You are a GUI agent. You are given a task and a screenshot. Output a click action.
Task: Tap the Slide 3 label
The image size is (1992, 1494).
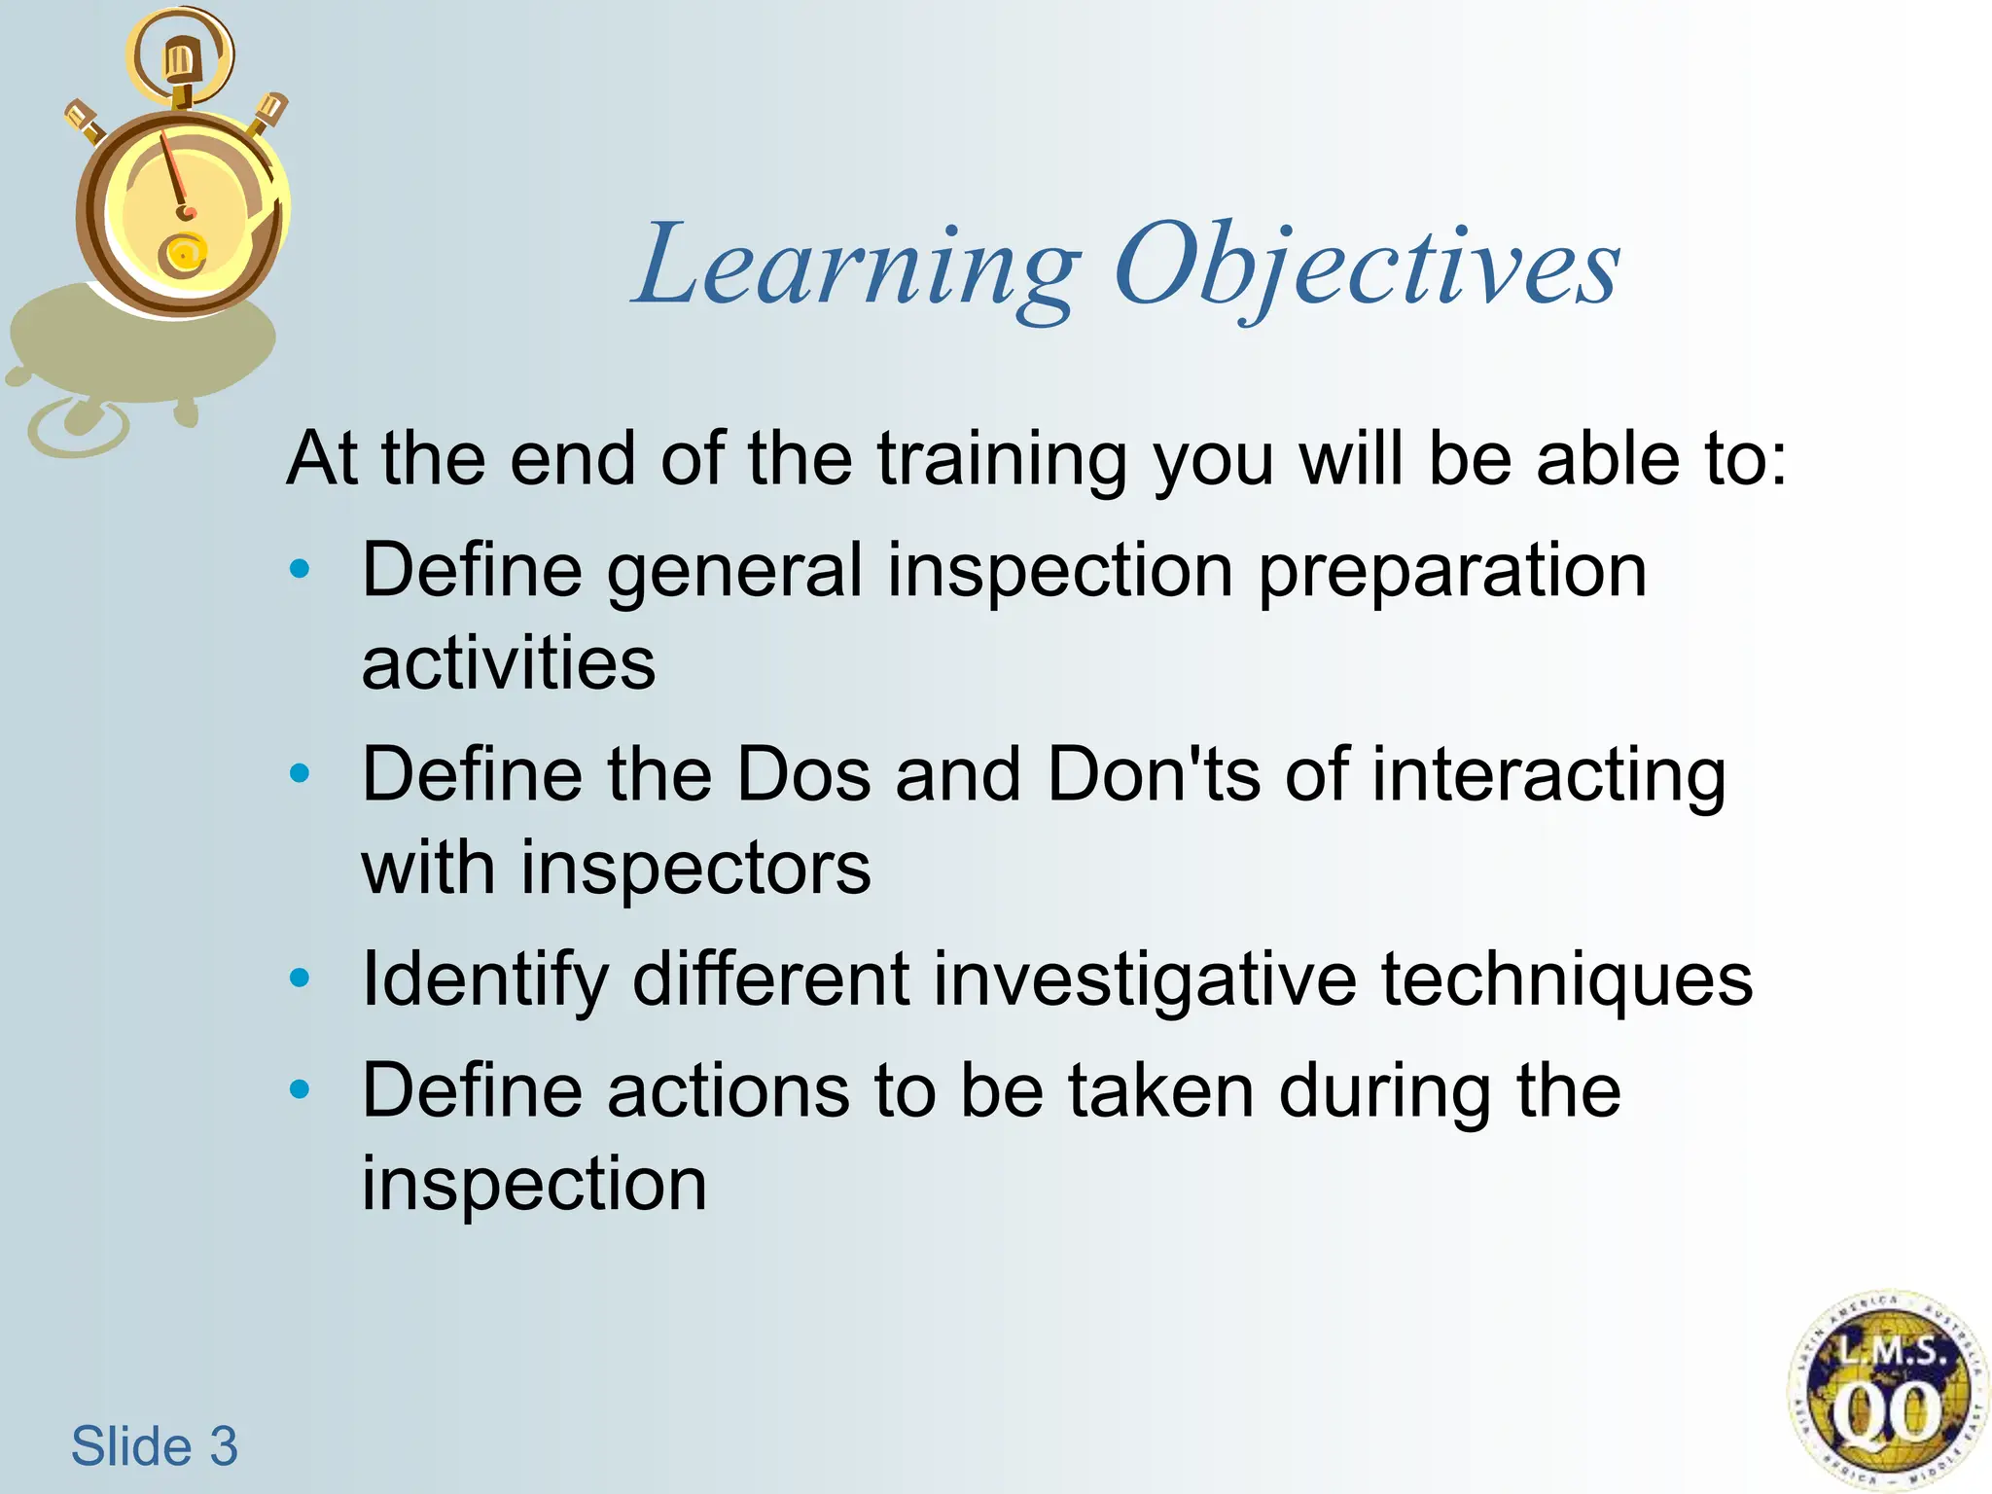pyautogui.click(x=154, y=1445)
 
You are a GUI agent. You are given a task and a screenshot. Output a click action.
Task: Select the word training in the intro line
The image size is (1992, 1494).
pyautogui.click(x=1002, y=459)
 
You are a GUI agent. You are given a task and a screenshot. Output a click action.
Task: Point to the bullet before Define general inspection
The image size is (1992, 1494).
pyautogui.click(x=301, y=569)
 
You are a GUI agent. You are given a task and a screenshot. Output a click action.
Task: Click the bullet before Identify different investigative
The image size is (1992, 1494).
pyautogui.click(x=301, y=978)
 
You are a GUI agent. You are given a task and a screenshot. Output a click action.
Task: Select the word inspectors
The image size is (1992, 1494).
pyautogui.click(x=695, y=868)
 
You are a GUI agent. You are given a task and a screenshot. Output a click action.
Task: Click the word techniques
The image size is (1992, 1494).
pyautogui.click(x=1566, y=979)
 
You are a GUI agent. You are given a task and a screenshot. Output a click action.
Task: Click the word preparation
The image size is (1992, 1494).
pyautogui.click(x=1452, y=571)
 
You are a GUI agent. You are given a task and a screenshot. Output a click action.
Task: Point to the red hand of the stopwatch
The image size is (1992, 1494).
pyautogui.click(x=174, y=175)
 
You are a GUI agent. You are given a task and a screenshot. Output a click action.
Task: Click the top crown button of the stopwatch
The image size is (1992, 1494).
pyautogui.click(x=180, y=60)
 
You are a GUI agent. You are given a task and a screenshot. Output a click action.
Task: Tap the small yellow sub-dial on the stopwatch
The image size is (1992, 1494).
pyautogui.click(x=183, y=254)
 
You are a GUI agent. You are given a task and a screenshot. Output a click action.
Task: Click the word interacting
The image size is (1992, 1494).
pyautogui.click(x=1548, y=776)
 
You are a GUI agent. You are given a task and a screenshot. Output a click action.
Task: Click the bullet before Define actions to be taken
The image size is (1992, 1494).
pyautogui.click(x=301, y=1089)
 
